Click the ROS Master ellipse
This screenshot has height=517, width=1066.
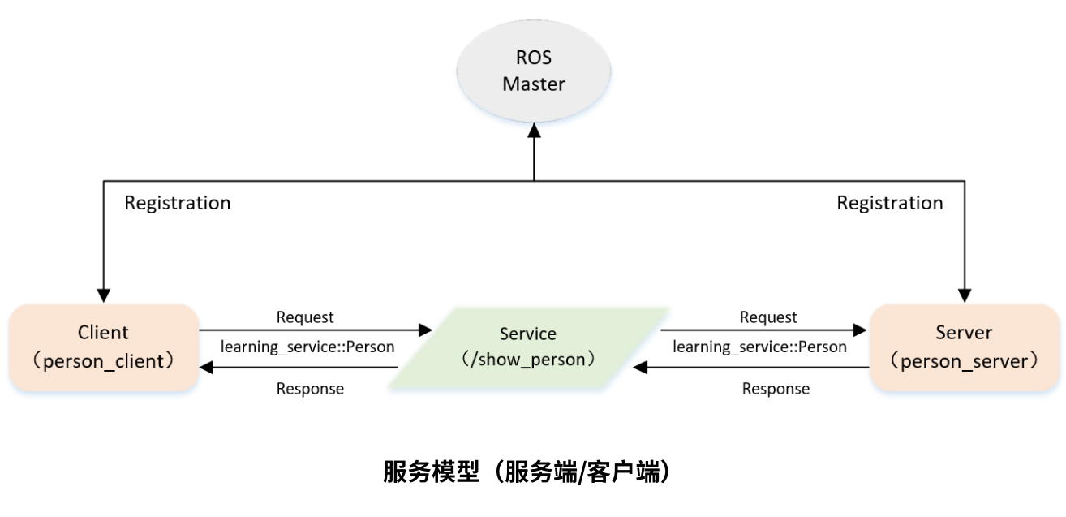533,71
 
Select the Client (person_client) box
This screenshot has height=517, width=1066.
104,347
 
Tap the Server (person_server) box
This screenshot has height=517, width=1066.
964,347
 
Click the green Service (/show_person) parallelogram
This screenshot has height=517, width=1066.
528,347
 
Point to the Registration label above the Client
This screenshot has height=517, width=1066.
177,203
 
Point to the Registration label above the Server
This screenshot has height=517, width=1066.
890,203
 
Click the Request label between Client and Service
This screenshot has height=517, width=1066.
305,317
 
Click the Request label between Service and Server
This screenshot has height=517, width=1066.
768,317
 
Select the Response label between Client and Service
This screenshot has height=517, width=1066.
310,389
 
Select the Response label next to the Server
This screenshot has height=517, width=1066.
776,389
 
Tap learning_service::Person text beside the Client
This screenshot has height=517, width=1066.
307,347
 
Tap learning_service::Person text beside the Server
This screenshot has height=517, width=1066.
759,347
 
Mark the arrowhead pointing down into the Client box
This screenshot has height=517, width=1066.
103,294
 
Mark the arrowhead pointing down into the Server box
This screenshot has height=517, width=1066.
965,294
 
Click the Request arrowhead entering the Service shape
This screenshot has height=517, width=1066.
425,330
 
